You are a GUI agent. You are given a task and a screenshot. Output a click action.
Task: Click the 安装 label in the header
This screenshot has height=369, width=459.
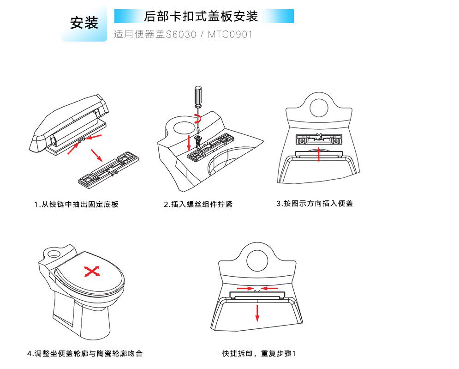coord(84,23)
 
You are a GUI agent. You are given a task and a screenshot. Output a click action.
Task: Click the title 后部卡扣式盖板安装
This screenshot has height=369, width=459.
coord(201,17)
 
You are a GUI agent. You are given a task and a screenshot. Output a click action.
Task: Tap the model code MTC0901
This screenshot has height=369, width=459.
coord(230,35)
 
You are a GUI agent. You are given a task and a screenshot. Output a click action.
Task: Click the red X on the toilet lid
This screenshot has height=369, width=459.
coord(92,272)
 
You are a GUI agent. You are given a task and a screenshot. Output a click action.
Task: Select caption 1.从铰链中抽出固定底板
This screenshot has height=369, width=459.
coord(76,204)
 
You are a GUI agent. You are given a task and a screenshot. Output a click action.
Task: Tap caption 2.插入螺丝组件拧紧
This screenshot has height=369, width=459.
coord(198,204)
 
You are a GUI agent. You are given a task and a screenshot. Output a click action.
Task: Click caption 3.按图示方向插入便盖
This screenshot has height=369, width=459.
coord(315,203)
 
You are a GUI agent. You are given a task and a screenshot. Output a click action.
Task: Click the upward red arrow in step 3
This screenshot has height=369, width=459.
coord(319,153)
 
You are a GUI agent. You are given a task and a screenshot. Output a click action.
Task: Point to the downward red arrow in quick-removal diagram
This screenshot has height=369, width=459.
coord(257,311)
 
